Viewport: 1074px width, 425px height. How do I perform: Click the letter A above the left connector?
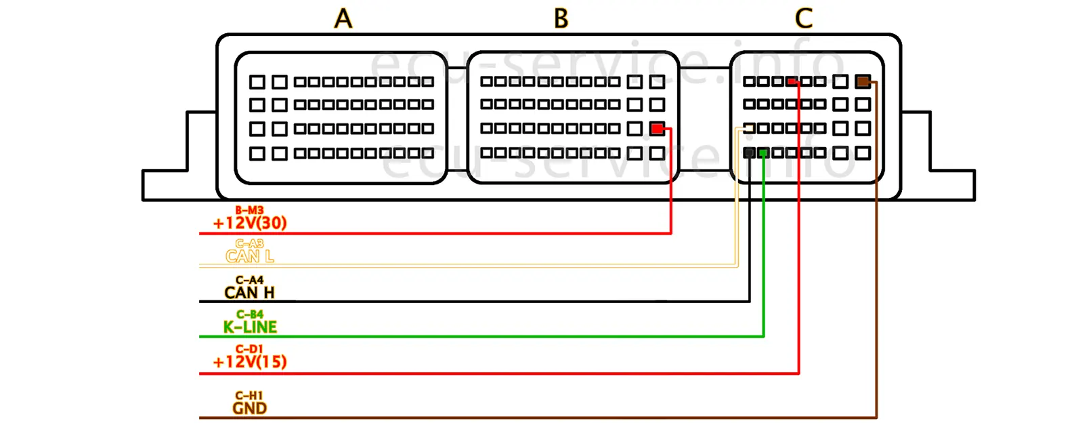click(x=343, y=18)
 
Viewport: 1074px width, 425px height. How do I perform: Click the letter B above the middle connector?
click(x=561, y=18)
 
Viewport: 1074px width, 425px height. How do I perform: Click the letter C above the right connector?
click(x=803, y=18)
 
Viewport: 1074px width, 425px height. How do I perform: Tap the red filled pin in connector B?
click(x=657, y=128)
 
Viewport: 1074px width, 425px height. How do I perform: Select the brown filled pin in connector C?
click(x=862, y=82)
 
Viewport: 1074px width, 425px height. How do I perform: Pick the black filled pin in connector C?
click(x=749, y=153)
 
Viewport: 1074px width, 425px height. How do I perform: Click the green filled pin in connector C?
click(x=763, y=153)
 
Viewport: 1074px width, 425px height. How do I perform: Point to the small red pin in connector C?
click(x=792, y=82)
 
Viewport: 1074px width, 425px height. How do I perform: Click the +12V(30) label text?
click(x=250, y=223)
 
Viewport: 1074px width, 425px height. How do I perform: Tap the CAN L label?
click(x=250, y=256)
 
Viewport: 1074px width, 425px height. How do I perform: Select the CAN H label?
click(x=249, y=293)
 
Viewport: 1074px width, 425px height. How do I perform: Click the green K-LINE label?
click(x=250, y=327)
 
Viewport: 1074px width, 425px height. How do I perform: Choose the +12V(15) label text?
click(x=250, y=362)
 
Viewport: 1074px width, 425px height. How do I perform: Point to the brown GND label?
click(x=249, y=408)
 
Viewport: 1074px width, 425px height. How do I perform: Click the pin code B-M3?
click(x=249, y=211)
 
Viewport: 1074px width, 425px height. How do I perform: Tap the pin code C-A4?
click(x=249, y=280)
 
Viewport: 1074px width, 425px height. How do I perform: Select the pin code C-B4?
click(x=249, y=315)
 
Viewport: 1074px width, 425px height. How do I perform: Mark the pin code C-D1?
click(x=249, y=349)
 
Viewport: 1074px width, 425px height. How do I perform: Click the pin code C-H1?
click(x=249, y=395)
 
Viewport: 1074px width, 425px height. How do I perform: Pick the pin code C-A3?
click(x=249, y=243)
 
